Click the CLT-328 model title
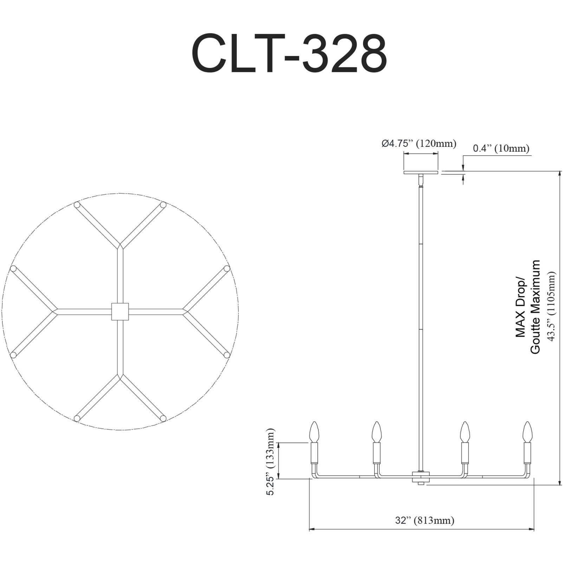click(289, 53)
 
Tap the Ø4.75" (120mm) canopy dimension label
click(419, 143)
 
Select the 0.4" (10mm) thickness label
click(501, 148)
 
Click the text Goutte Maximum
click(535, 306)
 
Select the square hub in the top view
click(120, 311)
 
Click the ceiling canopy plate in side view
click(421, 173)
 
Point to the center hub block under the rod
click(421, 478)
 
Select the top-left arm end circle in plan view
click(77, 205)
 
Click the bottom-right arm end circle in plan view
click(163, 418)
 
